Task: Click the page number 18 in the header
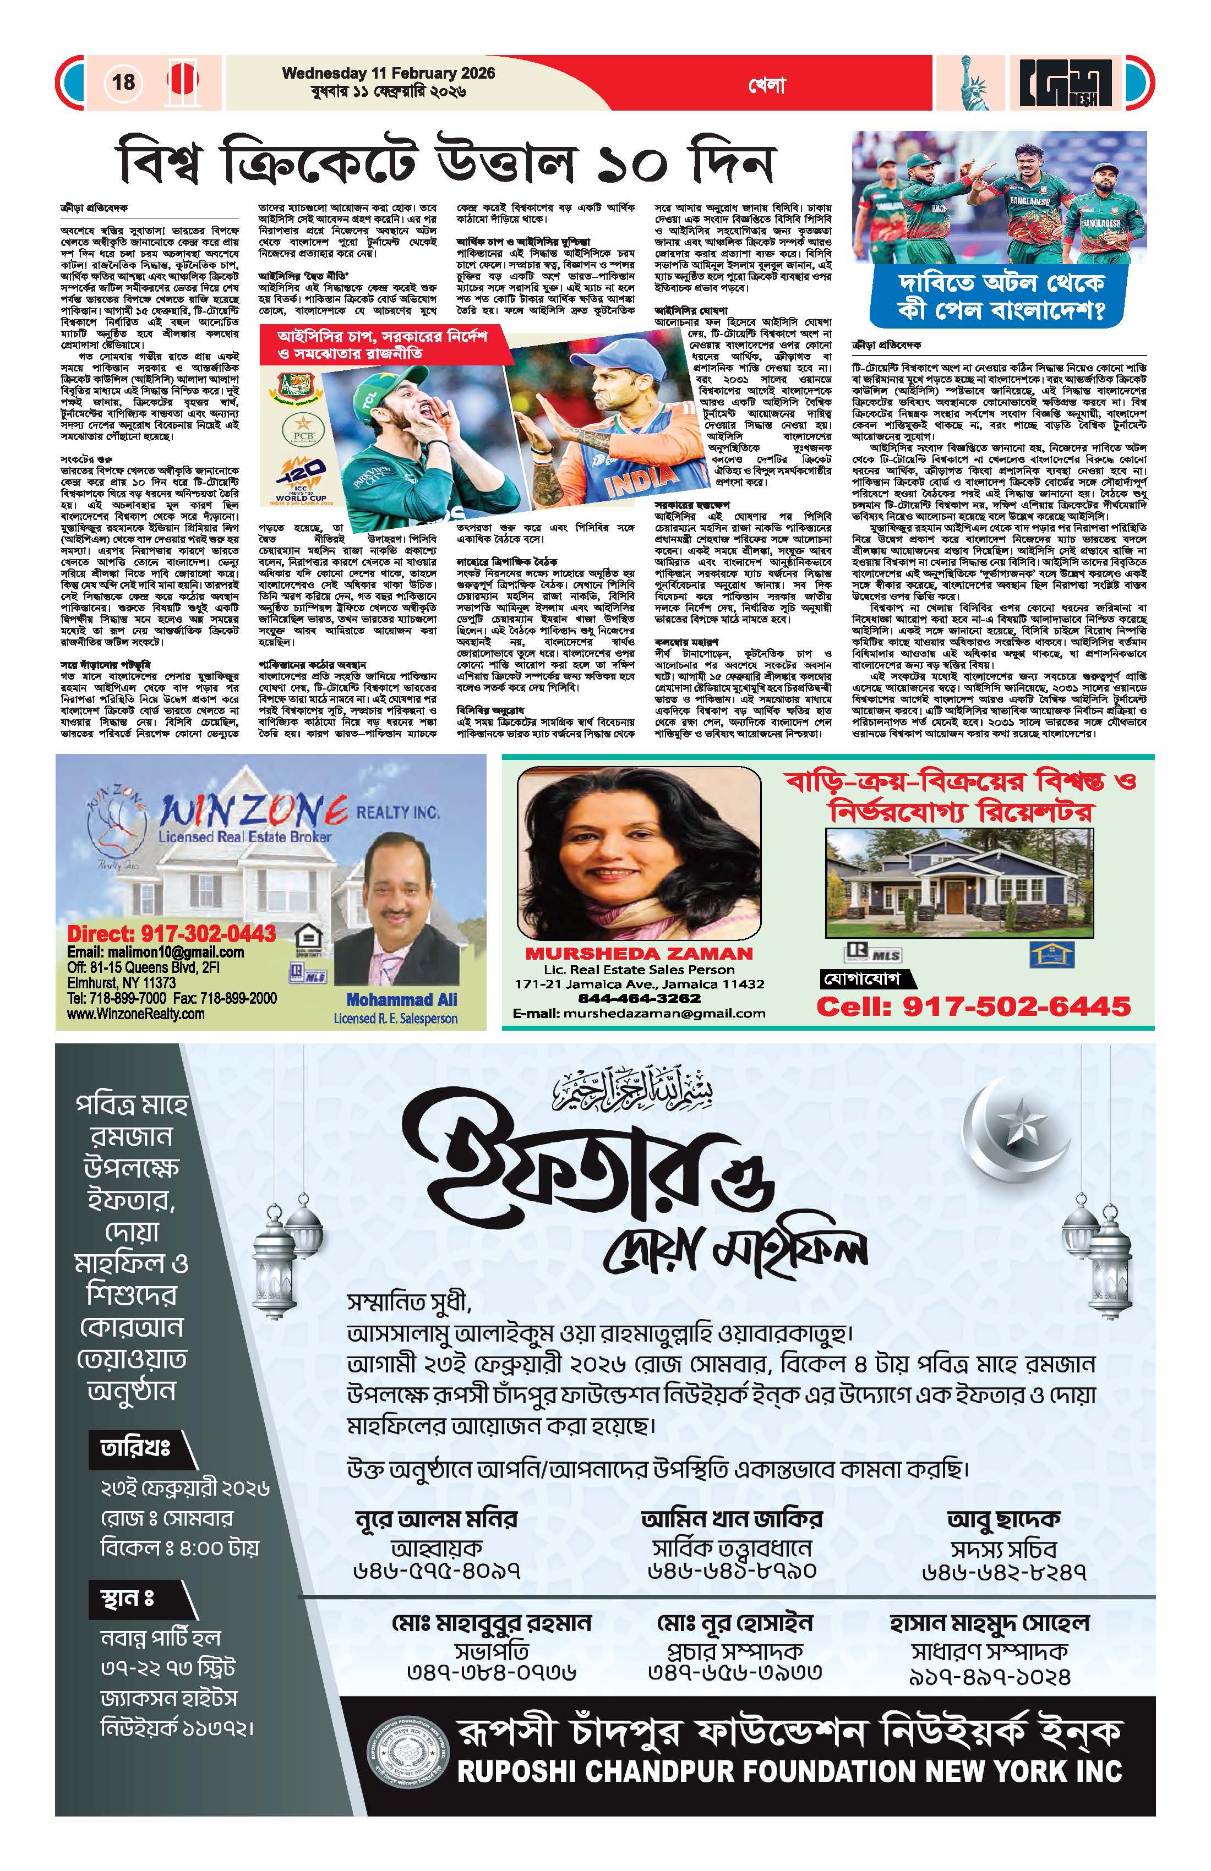click(x=123, y=82)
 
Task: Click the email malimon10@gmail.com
click(x=155, y=952)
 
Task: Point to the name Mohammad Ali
click(x=401, y=1000)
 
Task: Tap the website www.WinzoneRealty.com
click(x=135, y=1014)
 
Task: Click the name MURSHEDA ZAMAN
click(x=639, y=954)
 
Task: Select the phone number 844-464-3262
click(x=639, y=998)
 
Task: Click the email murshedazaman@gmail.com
click(x=639, y=1013)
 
